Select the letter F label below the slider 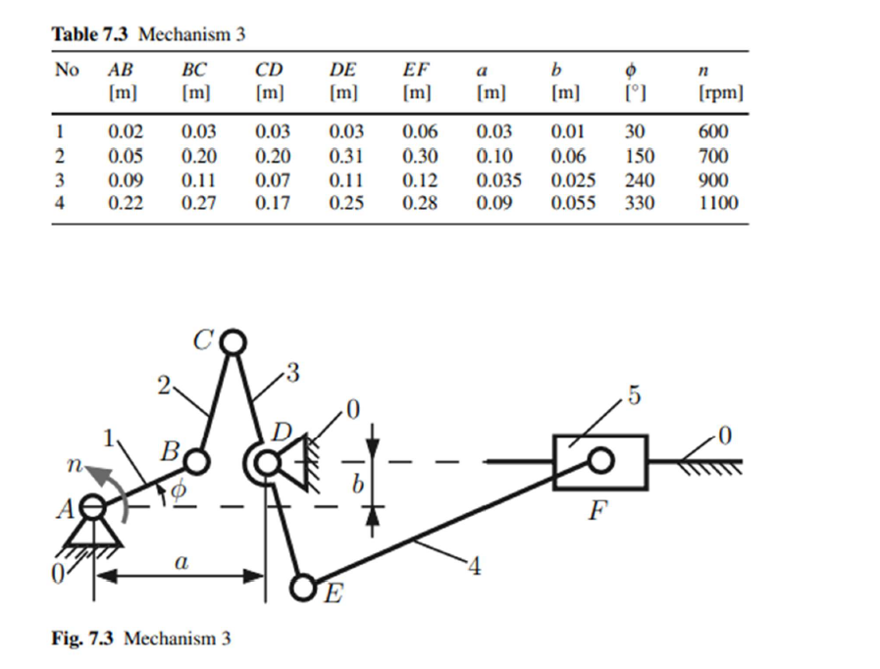point(598,511)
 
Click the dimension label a point(181,561)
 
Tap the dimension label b point(357,484)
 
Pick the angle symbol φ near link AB point(178,490)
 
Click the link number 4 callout point(475,567)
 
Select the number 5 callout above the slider point(634,395)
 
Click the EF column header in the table point(415,70)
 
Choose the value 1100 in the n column point(718,203)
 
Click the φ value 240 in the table point(640,180)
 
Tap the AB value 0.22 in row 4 point(126,203)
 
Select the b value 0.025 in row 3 point(573,180)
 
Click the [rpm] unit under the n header point(721,92)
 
